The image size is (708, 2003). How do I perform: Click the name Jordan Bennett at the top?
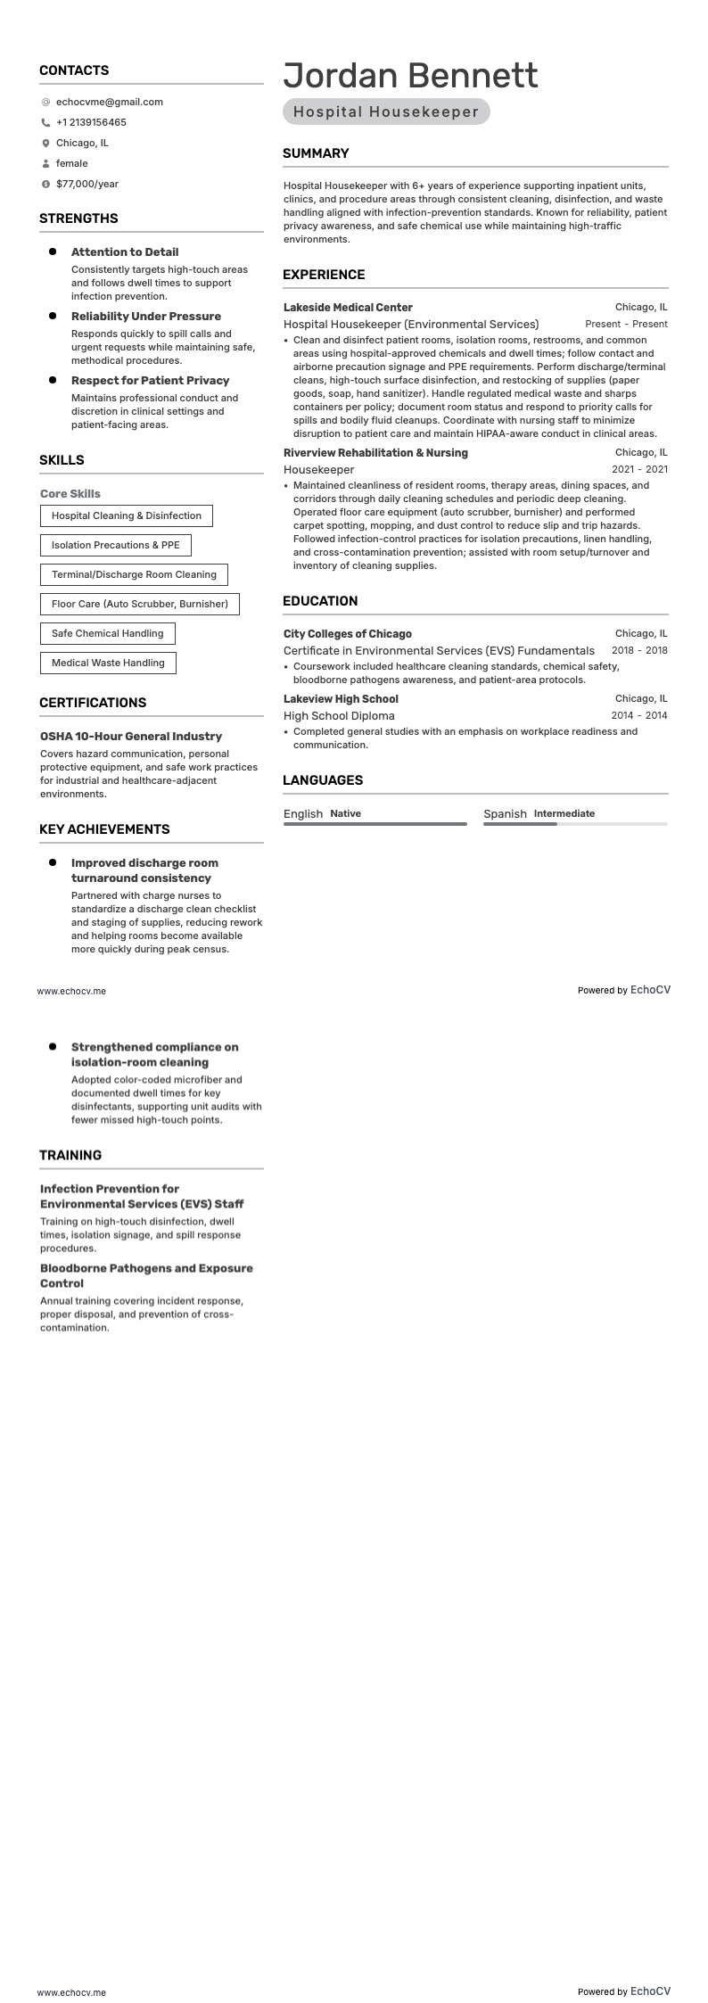tap(410, 76)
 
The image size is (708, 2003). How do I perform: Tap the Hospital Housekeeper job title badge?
tap(386, 112)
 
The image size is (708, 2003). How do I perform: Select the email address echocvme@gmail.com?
tap(109, 103)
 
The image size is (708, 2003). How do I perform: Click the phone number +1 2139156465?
tap(91, 123)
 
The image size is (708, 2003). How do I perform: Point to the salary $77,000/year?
tap(86, 185)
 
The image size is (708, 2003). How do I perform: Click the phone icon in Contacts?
tap(45, 123)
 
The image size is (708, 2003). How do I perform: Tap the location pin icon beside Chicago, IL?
tap(45, 144)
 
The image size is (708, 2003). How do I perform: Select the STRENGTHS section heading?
tap(78, 218)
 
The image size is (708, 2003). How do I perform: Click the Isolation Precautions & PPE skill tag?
tap(115, 545)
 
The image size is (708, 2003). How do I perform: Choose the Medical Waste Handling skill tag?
tap(108, 663)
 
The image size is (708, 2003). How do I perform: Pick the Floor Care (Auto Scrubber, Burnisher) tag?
tap(139, 604)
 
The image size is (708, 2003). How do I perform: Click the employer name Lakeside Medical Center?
tap(348, 308)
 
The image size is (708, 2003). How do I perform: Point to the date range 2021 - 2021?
tap(639, 470)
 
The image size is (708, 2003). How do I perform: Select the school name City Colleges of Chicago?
tap(348, 634)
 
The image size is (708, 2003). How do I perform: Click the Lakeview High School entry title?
tap(341, 699)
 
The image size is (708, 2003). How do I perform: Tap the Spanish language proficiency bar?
tap(574, 824)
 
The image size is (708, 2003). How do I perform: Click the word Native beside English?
tap(345, 813)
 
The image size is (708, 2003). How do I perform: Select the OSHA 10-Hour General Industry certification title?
tap(131, 737)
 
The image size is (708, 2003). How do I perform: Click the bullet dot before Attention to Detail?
tap(53, 252)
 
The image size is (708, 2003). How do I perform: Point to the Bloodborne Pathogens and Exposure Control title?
tap(146, 1275)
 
